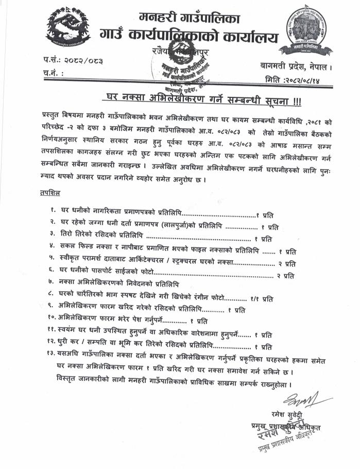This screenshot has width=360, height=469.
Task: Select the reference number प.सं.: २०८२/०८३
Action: pyautogui.click(x=73, y=61)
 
